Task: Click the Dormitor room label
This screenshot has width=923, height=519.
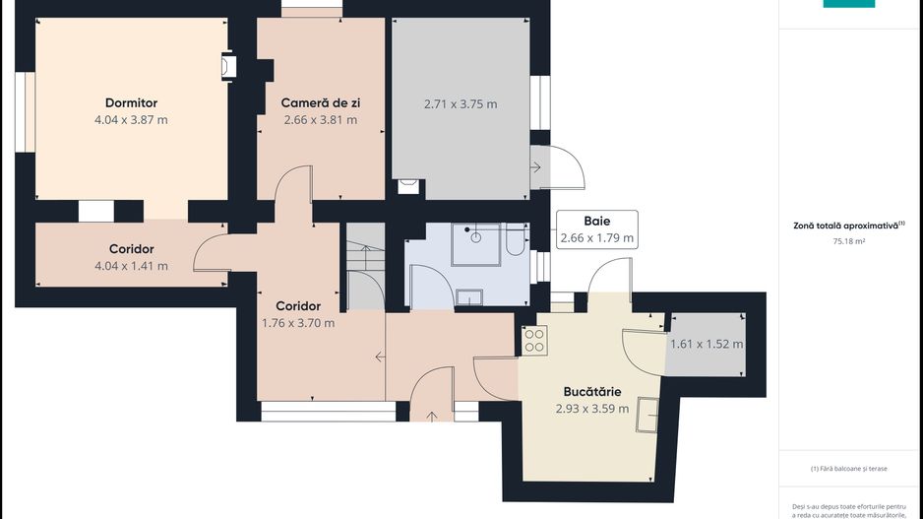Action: (131, 102)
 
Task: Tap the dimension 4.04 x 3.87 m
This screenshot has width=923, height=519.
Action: (131, 119)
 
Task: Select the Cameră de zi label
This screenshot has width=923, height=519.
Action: (320, 102)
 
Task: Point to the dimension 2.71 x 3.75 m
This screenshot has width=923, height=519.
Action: (461, 104)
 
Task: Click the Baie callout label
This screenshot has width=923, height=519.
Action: (597, 221)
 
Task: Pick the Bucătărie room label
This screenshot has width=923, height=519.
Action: (592, 392)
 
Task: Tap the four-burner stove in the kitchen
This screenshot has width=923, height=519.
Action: (534, 341)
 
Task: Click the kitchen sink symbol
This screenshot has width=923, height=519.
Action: (647, 415)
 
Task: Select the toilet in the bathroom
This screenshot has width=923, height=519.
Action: (516, 239)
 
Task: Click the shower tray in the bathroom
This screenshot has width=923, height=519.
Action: (476, 244)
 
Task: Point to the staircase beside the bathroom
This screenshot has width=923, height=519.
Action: (365, 266)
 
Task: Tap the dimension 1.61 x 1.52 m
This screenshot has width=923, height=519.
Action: (707, 344)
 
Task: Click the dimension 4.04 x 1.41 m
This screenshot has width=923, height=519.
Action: (131, 266)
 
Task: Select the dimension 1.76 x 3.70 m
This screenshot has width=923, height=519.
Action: (298, 323)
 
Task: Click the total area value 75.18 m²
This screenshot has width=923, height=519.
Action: (848, 241)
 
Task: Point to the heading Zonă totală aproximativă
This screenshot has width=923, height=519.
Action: (846, 226)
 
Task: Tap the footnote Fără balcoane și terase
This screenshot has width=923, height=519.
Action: (849, 469)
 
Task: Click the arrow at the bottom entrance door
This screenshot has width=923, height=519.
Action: (431, 417)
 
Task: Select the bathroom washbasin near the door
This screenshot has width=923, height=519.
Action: (469, 297)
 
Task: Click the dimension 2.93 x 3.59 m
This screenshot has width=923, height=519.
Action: (592, 409)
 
